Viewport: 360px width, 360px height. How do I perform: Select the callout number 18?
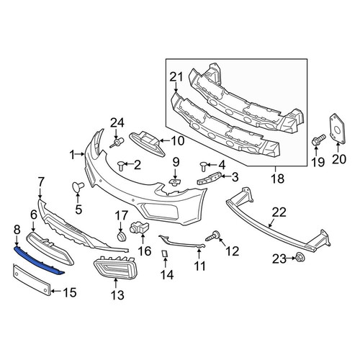(278, 179)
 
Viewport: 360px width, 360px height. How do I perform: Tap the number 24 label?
(117, 123)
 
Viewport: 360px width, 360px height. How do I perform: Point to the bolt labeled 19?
(318, 140)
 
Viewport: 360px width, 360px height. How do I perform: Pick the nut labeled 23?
(300, 258)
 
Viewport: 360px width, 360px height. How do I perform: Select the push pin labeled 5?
(78, 186)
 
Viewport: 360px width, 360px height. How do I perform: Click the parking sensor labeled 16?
(140, 228)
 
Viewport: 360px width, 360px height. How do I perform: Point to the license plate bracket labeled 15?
(31, 279)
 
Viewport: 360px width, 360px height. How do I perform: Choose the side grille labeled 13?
(114, 267)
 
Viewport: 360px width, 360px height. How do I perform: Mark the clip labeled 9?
(175, 182)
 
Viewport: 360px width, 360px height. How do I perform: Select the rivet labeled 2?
(122, 166)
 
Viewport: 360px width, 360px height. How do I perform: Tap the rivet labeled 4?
(204, 166)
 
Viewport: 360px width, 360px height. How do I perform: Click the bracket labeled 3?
(210, 179)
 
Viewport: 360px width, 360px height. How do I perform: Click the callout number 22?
(279, 212)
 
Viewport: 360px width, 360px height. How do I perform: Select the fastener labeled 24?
(117, 143)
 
